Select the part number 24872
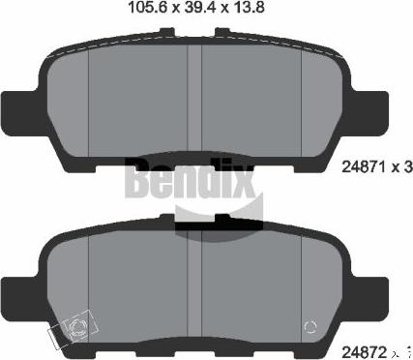point(363,344)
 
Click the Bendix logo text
point(199,178)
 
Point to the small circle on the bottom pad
point(310,326)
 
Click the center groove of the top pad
point(200,97)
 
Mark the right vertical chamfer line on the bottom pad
point(302,281)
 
